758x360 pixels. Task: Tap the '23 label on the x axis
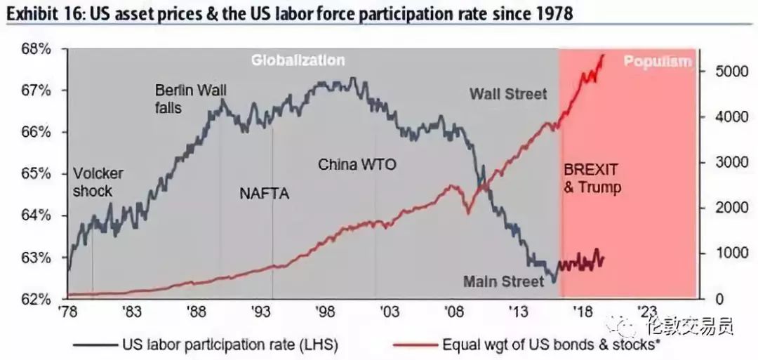pos(646,312)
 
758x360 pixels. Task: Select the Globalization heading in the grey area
pos(298,60)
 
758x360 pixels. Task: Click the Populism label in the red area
pos(658,62)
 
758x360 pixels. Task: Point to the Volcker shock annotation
pos(98,182)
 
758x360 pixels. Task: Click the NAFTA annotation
pos(264,194)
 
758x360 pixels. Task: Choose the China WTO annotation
pos(357,165)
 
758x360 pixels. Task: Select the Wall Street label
pos(507,93)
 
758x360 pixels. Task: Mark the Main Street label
pos(503,281)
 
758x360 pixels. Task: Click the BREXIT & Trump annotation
pos(592,178)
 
